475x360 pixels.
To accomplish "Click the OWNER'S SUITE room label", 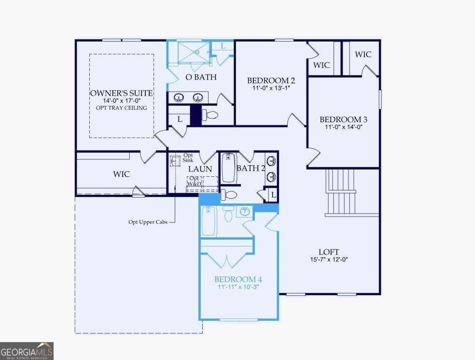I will (122, 93).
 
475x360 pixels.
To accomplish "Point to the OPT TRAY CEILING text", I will (122, 108).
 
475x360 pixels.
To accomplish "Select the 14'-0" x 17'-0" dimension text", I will (122, 101).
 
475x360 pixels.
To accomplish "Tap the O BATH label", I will (201, 77).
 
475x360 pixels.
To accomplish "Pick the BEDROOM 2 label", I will (271, 81).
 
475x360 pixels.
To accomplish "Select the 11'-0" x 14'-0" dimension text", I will (344, 127).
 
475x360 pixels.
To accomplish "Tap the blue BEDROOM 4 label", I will (238, 279).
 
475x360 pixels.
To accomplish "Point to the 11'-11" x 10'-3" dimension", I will (238, 287).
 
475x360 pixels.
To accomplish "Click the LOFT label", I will (329, 252).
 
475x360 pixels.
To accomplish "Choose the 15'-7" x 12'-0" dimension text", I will (329, 259).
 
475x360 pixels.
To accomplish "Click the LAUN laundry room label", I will (200, 169).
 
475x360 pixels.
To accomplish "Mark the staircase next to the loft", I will (342, 192).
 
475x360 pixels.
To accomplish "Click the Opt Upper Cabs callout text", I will (148, 222).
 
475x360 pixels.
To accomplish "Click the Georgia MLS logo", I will (27, 351).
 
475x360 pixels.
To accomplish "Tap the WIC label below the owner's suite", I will (121, 174).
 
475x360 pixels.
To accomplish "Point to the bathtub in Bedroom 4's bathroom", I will (209, 220).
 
